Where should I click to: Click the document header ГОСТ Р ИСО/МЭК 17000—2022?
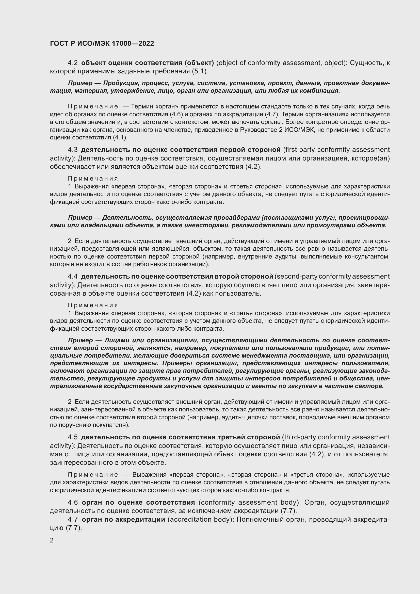coord(102,43)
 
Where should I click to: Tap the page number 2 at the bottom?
coord(52,540)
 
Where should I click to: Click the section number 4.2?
coord(73,63)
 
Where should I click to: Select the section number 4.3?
coord(73,150)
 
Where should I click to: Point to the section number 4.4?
coord(73,277)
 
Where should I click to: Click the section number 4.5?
coord(73,437)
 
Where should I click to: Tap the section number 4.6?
coord(73,502)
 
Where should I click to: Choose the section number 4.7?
coord(73,520)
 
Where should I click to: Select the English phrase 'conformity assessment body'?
coord(249,502)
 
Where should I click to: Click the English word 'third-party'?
coord(300,437)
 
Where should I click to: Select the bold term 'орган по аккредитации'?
coord(123,520)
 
